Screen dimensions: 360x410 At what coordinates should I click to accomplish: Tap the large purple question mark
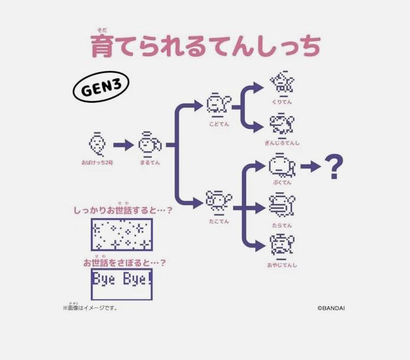tap(334, 167)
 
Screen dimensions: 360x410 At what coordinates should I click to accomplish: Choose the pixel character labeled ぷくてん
tap(282, 165)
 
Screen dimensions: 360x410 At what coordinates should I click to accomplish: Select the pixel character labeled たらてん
tap(282, 205)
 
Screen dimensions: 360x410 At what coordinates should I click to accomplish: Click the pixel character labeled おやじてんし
tap(282, 246)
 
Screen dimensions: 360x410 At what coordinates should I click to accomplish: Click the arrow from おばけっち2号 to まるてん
tap(123, 145)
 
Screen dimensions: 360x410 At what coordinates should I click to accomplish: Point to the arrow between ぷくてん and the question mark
tap(310, 167)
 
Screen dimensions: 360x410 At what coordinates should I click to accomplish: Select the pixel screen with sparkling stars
tap(122, 235)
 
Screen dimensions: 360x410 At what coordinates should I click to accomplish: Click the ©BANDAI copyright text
tap(331, 307)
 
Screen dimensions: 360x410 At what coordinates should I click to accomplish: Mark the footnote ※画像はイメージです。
tap(90, 307)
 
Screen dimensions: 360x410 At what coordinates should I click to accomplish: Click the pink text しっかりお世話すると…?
tap(123, 210)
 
